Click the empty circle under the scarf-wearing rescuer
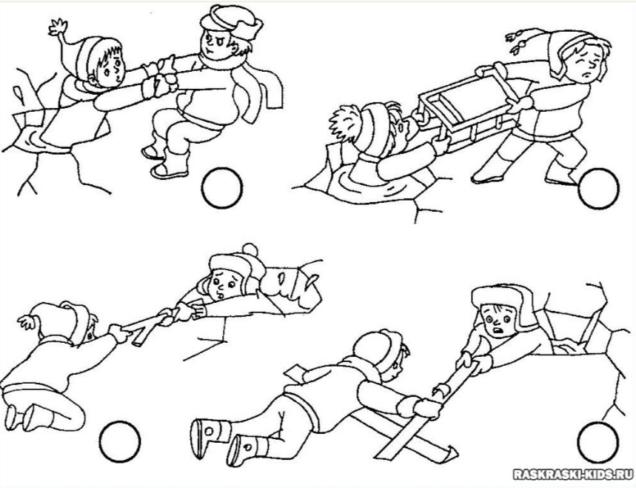(x=222, y=188)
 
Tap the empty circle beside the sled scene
(x=599, y=188)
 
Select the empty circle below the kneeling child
(x=120, y=442)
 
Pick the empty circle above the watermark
(x=599, y=442)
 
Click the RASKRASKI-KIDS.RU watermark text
(x=573, y=474)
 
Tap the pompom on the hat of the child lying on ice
(x=250, y=250)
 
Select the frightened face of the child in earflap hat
(x=500, y=319)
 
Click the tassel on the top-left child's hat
(x=57, y=27)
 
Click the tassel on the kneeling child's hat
(x=26, y=321)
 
